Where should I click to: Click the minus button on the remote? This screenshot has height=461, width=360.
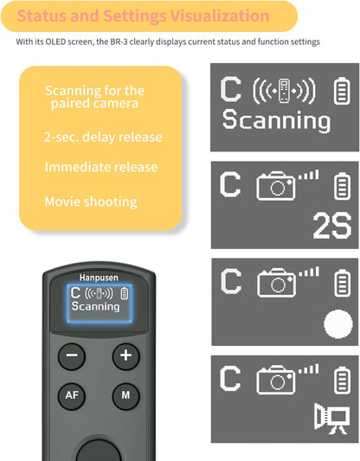pos(72,355)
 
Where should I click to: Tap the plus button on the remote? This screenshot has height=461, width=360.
pos(125,355)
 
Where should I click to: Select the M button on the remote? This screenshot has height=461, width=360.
pos(125,396)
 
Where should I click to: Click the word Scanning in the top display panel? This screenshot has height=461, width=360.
pos(276,120)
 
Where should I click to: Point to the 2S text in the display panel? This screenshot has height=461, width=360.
pos(331,226)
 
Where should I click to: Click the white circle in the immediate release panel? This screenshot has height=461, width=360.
pos(337,324)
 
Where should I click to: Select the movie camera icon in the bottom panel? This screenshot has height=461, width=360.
pos(331,418)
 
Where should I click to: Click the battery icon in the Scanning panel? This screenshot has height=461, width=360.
pos(340,90)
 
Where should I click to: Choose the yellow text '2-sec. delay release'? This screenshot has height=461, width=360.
pos(103,137)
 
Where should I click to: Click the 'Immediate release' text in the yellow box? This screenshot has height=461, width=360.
pos(101,167)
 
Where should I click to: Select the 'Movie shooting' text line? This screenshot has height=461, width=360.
pos(91,202)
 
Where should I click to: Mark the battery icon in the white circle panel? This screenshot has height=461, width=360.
pos(340,283)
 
